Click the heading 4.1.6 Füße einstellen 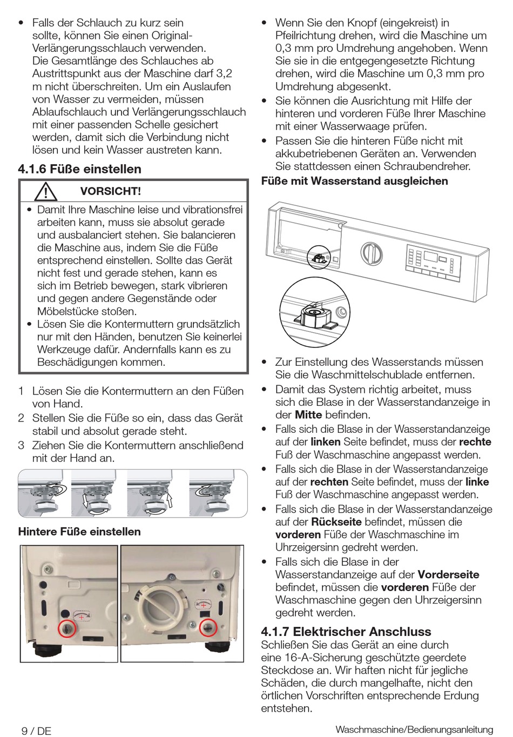point(80,169)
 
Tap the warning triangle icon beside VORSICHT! point(46,191)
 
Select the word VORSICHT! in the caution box point(110,191)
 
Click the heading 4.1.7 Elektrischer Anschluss point(346,632)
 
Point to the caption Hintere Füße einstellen point(79,532)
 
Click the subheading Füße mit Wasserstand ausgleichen point(354,181)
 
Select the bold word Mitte point(308,415)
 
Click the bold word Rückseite point(336,522)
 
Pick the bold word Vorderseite point(448,574)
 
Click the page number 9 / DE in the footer point(36,731)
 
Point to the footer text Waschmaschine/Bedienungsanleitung point(414,730)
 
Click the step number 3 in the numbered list point(21,446)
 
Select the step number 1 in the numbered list point(21,391)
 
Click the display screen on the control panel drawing point(430,256)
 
